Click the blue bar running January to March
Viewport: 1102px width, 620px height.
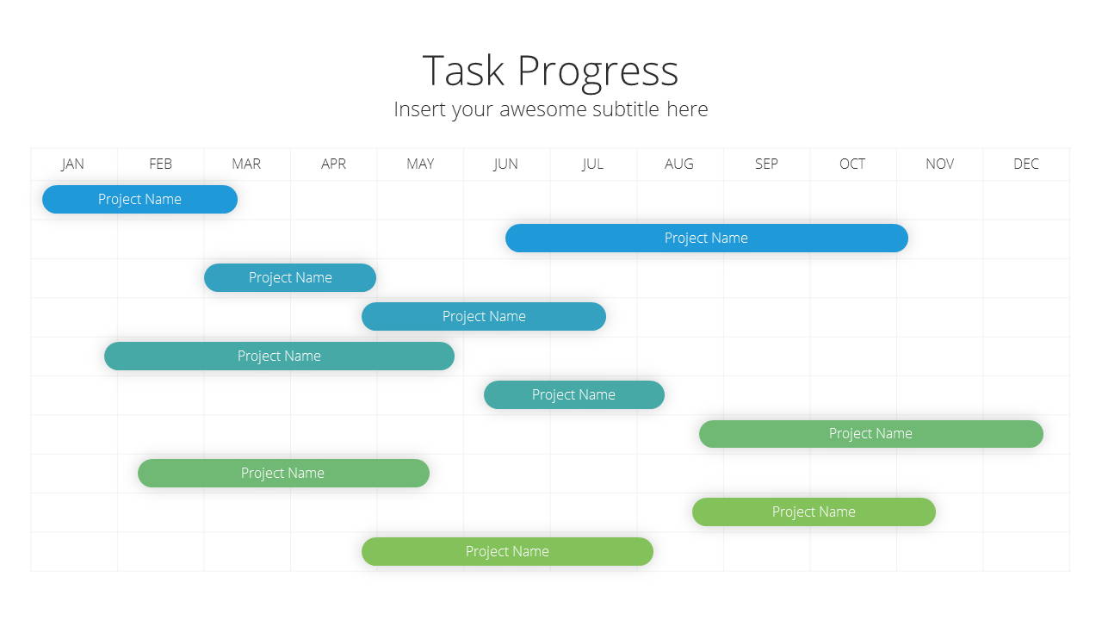click(x=139, y=199)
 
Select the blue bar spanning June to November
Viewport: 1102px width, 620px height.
click(x=707, y=239)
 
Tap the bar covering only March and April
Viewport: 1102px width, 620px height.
click(x=290, y=277)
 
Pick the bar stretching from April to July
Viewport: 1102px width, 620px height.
click(x=484, y=316)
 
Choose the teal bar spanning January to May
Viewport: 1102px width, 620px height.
click(x=280, y=356)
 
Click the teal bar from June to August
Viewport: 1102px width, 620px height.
click(x=574, y=394)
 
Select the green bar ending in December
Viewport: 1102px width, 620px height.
click(x=871, y=434)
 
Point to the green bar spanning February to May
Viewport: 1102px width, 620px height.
click(x=283, y=474)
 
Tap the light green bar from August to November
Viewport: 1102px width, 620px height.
click(x=814, y=512)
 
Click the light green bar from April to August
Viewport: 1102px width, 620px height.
click(x=507, y=552)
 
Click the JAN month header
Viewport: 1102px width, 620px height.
click(x=72, y=164)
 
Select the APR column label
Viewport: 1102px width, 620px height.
click(x=333, y=164)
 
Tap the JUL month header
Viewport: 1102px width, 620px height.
click(x=592, y=164)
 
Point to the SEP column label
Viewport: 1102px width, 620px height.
click(x=766, y=164)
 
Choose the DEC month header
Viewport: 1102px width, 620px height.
click(x=1026, y=164)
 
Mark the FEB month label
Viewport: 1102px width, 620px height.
click(x=160, y=164)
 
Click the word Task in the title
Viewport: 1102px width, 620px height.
click(x=463, y=71)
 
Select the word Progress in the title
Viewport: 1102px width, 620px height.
click(x=597, y=73)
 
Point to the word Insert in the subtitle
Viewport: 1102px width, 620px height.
click(x=419, y=109)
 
